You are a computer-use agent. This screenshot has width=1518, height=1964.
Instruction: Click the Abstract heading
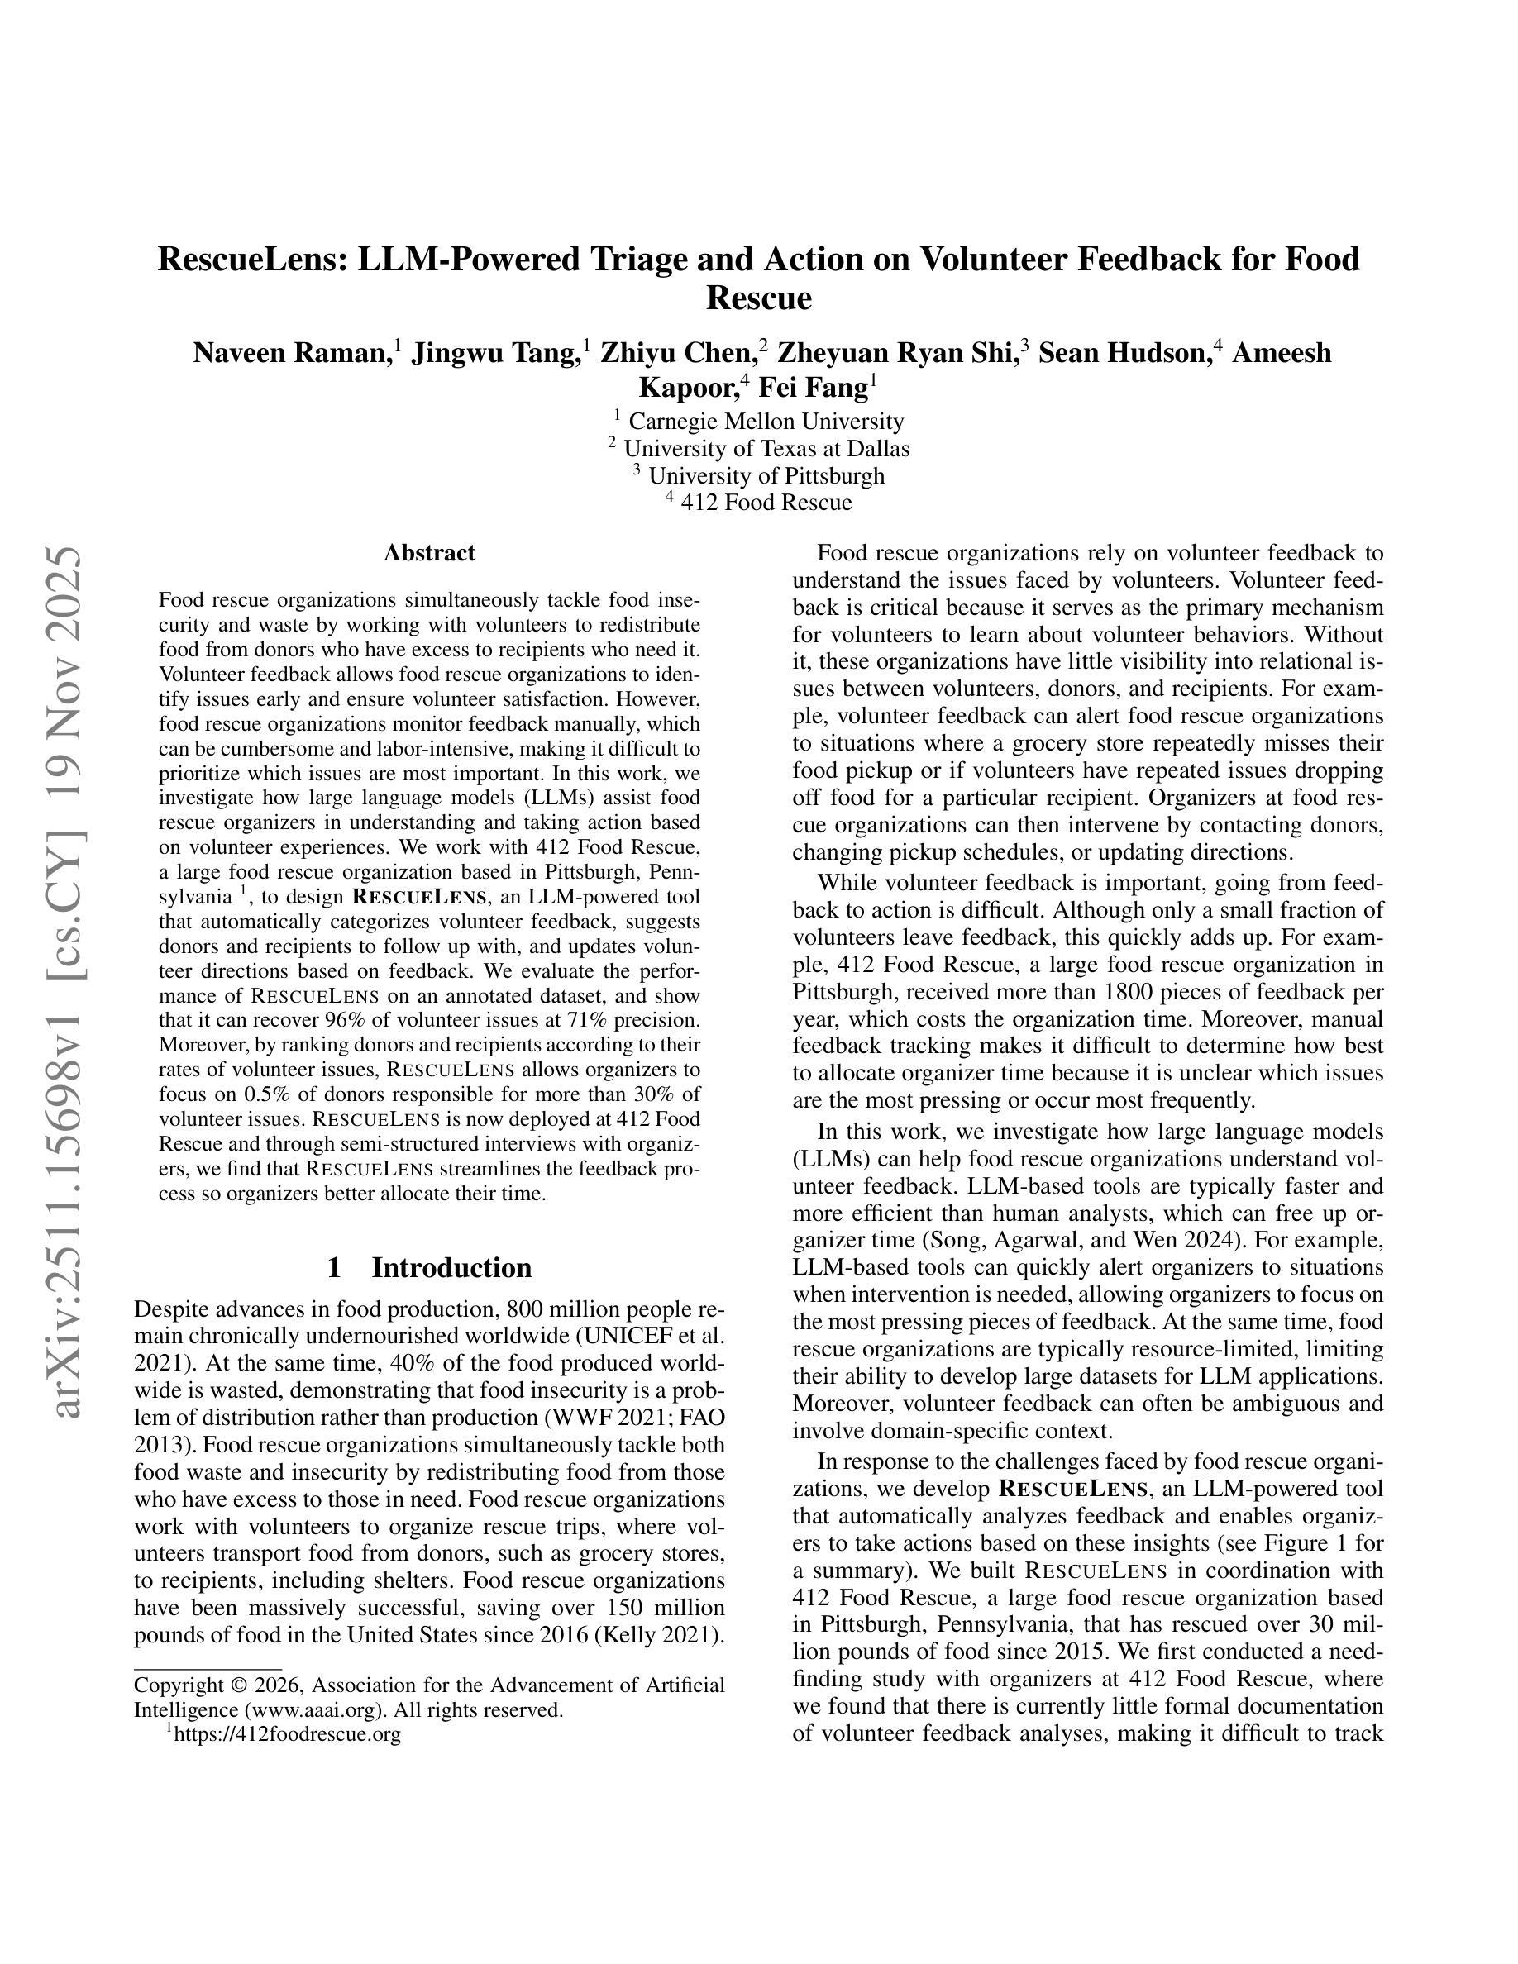429,552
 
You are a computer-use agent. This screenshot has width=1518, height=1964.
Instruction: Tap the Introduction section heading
451,1267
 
